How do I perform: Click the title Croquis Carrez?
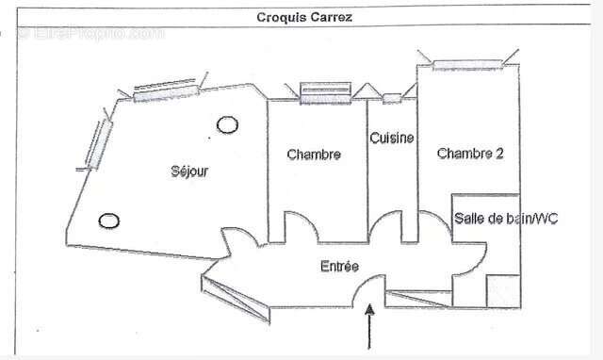pyautogui.click(x=304, y=17)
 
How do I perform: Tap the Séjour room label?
pyautogui.click(x=189, y=172)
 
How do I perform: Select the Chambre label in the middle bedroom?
pyautogui.click(x=314, y=154)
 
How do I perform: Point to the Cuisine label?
pyautogui.click(x=391, y=139)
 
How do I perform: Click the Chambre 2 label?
pyautogui.click(x=469, y=154)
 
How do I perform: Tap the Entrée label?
pyautogui.click(x=339, y=267)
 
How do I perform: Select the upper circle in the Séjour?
pyautogui.click(x=226, y=123)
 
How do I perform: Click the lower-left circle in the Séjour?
pyautogui.click(x=109, y=221)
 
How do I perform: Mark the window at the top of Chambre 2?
pyautogui.click(x=468, y=65)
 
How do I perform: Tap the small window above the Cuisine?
pyautogui.click(x=391, y=97)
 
